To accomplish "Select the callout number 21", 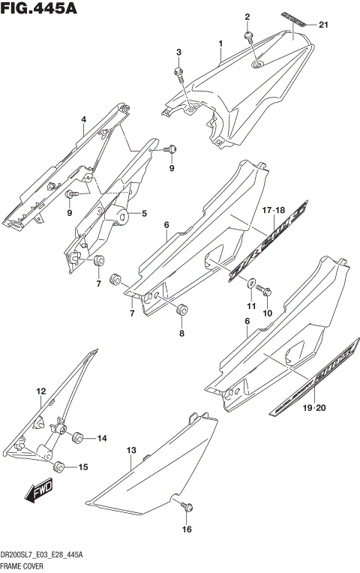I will [323, 25].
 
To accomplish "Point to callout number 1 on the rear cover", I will [220, 44].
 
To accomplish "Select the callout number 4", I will [84, 119].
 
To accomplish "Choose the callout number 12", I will [41, 391].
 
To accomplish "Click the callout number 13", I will [130, 451].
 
